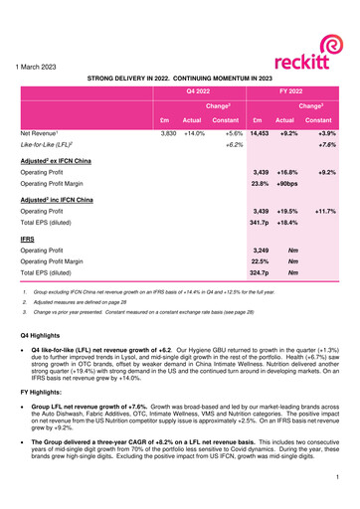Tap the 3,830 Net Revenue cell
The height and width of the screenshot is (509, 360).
[168, 131]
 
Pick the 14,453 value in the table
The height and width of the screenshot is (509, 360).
[259, 131]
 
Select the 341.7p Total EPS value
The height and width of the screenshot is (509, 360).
[259, 225]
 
